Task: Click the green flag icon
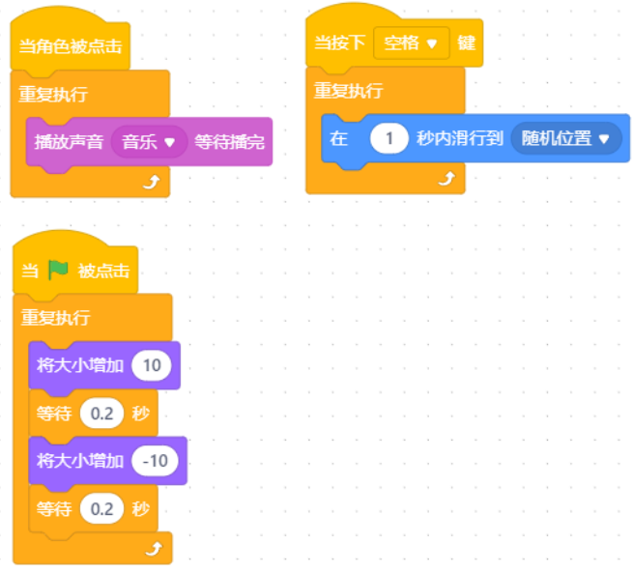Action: [58, 270]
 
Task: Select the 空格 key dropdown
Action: [411, 43]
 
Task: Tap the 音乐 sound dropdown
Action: [149, 142]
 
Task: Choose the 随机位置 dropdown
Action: [566, 139]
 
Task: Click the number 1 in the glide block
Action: [389, 139]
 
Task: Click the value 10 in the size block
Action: [152, 365]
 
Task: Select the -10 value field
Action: [156, 461]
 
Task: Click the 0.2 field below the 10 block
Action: [101, 414]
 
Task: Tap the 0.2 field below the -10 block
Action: [101, 508]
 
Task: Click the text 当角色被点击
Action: [71, 46]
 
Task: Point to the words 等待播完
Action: [229, 142]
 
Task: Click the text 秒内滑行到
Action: [460, 139]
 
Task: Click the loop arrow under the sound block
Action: [152, 183]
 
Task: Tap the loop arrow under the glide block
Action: [447, 179]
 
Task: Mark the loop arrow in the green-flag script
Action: [154, 549]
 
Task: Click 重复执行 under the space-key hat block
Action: [349, 91]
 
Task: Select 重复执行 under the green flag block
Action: [55, 317]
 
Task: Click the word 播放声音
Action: [69, 142]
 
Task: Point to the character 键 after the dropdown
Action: [466, 43]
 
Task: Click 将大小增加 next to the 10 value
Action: [80, 365]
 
